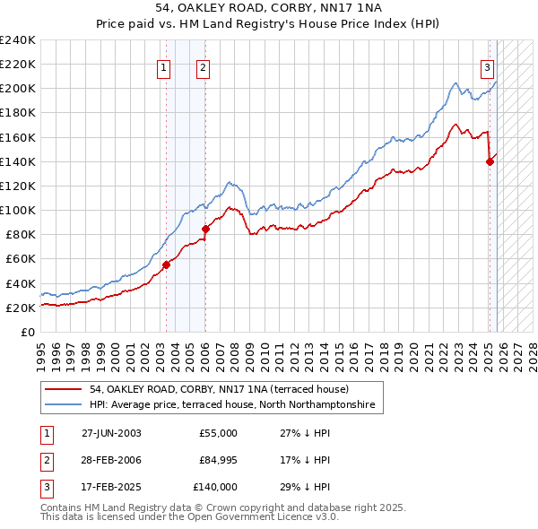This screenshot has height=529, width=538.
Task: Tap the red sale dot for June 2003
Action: coord(166,264)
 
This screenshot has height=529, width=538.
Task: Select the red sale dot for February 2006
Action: coord(205,229)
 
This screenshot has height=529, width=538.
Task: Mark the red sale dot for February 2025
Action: coord(490,161)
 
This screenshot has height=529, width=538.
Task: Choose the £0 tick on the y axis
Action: coord(29,332)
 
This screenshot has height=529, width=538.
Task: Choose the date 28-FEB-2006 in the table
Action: coord(111,460)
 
